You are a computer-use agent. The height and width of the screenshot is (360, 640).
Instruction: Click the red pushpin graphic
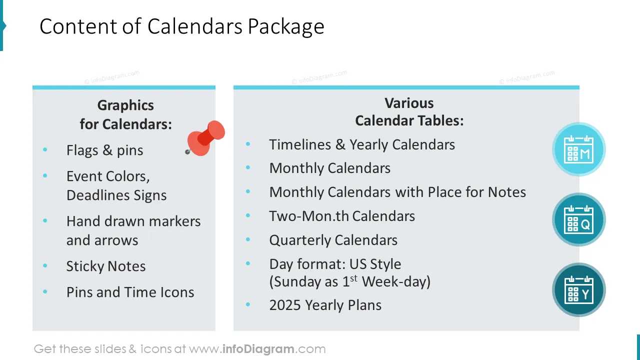[x=206, y=138]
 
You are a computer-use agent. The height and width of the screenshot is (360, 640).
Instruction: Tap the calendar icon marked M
[x=578, y=149]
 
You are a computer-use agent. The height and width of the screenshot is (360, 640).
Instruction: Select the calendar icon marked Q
[x=578, y=219]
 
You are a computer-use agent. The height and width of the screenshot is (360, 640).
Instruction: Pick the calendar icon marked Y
[x=578, y=289]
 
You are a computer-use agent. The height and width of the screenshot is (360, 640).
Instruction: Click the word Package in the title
[x=286, y=27]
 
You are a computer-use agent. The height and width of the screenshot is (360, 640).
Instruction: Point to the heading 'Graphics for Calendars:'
[x=125, y=114]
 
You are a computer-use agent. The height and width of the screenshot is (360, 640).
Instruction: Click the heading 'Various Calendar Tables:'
[x=409, y=111]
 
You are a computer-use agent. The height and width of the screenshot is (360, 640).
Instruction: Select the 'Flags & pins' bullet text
[x=104, y=150]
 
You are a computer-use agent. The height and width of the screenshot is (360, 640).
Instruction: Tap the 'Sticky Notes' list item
[x=106, y=266]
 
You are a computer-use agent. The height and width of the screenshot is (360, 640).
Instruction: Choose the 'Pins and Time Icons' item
[x=130, y=292]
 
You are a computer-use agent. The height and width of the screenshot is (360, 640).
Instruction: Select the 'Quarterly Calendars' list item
[x=333, y=240]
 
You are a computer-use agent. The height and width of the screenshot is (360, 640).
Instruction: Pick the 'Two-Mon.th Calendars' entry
[x=342, y=216]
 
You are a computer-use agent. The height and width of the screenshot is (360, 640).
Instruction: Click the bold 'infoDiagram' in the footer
[x=257, y=349]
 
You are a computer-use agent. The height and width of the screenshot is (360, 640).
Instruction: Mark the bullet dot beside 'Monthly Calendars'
[x=248, y=168]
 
